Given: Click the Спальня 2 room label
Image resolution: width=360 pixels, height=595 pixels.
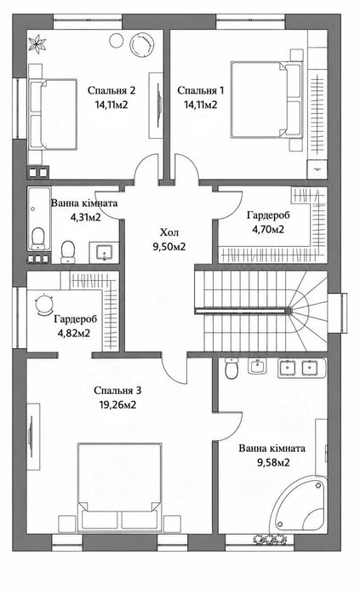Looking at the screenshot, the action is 111,91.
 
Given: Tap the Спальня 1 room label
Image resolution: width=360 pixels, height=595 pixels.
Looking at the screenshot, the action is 201,91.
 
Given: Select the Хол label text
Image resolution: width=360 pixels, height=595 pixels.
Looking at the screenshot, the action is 169,232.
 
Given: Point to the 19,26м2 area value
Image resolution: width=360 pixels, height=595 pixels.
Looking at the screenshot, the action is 118,405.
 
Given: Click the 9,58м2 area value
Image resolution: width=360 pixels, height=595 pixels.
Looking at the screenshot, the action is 271,462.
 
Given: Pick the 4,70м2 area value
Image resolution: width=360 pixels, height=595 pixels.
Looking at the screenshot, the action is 269,229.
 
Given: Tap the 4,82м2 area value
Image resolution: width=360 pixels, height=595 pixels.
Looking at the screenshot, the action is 75,334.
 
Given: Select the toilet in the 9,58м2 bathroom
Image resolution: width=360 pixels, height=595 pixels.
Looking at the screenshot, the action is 231,369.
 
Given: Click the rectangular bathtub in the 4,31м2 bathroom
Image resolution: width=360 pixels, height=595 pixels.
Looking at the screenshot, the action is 38,218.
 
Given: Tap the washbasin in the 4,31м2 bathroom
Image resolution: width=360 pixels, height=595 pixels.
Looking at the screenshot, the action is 104,252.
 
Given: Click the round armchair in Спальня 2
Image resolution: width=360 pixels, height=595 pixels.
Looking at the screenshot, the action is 142,44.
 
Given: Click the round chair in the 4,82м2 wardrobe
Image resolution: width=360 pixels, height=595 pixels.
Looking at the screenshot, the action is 44,305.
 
